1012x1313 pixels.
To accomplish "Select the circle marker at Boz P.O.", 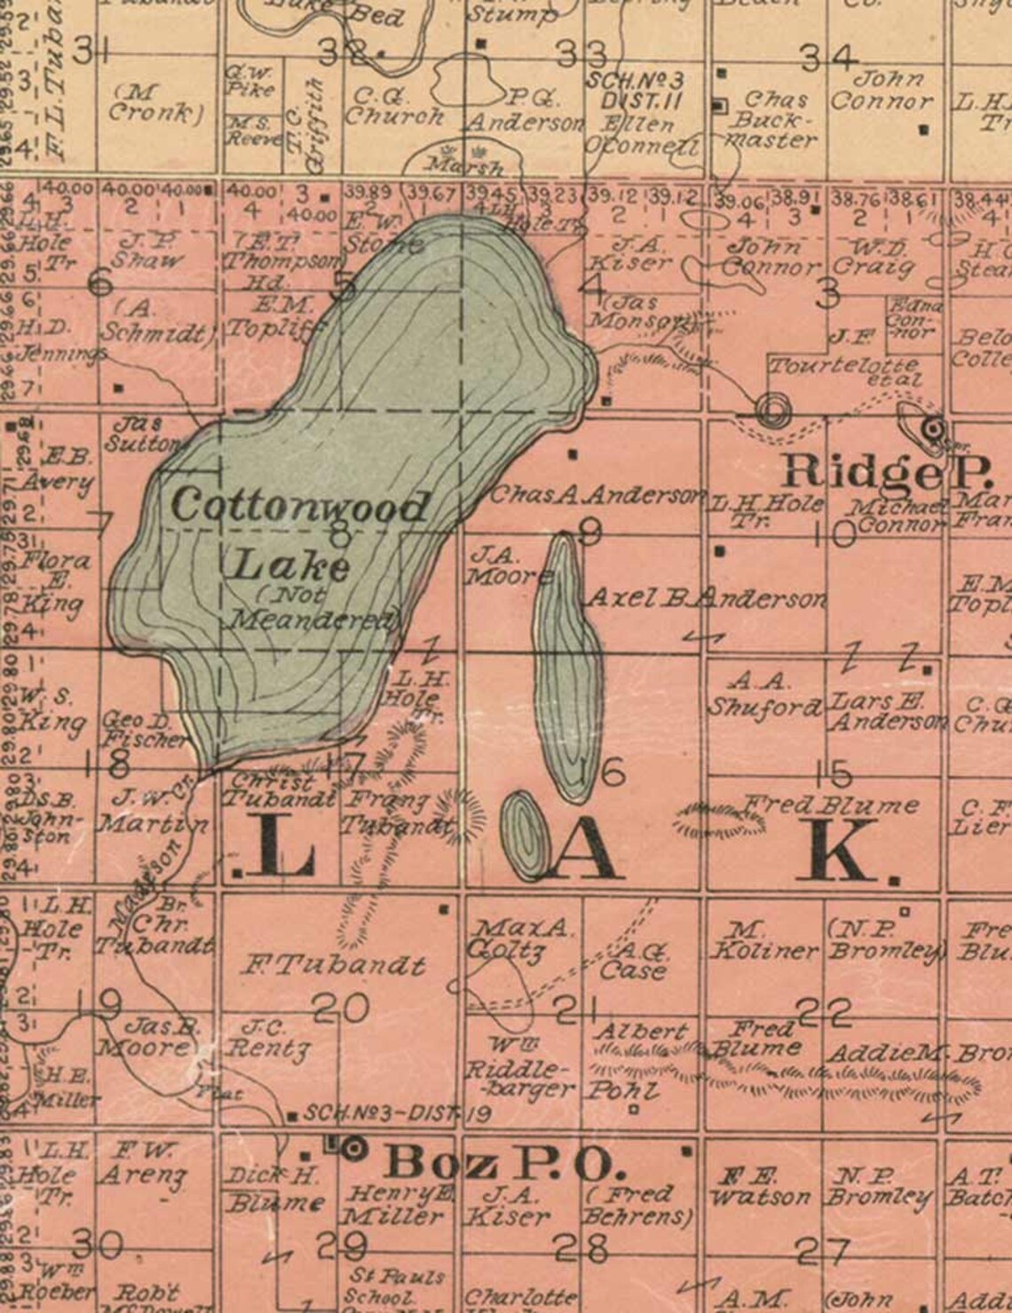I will pyautogui.click(x=355, y=1149).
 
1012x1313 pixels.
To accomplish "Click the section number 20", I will pyautogui.click(x=342, y=1008).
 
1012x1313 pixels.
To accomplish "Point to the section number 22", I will pyautogui.click(x=823, y=1011).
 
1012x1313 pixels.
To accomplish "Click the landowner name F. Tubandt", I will pyautogui.click(x=334, y=964).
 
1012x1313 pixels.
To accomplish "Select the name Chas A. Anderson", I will pyautogui.click(x=597, y=494).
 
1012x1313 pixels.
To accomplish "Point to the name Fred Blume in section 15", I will pyautogui.click(x=829, y=805).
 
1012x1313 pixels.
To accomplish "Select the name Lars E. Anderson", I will pyautogui.click(x=885, y=710).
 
